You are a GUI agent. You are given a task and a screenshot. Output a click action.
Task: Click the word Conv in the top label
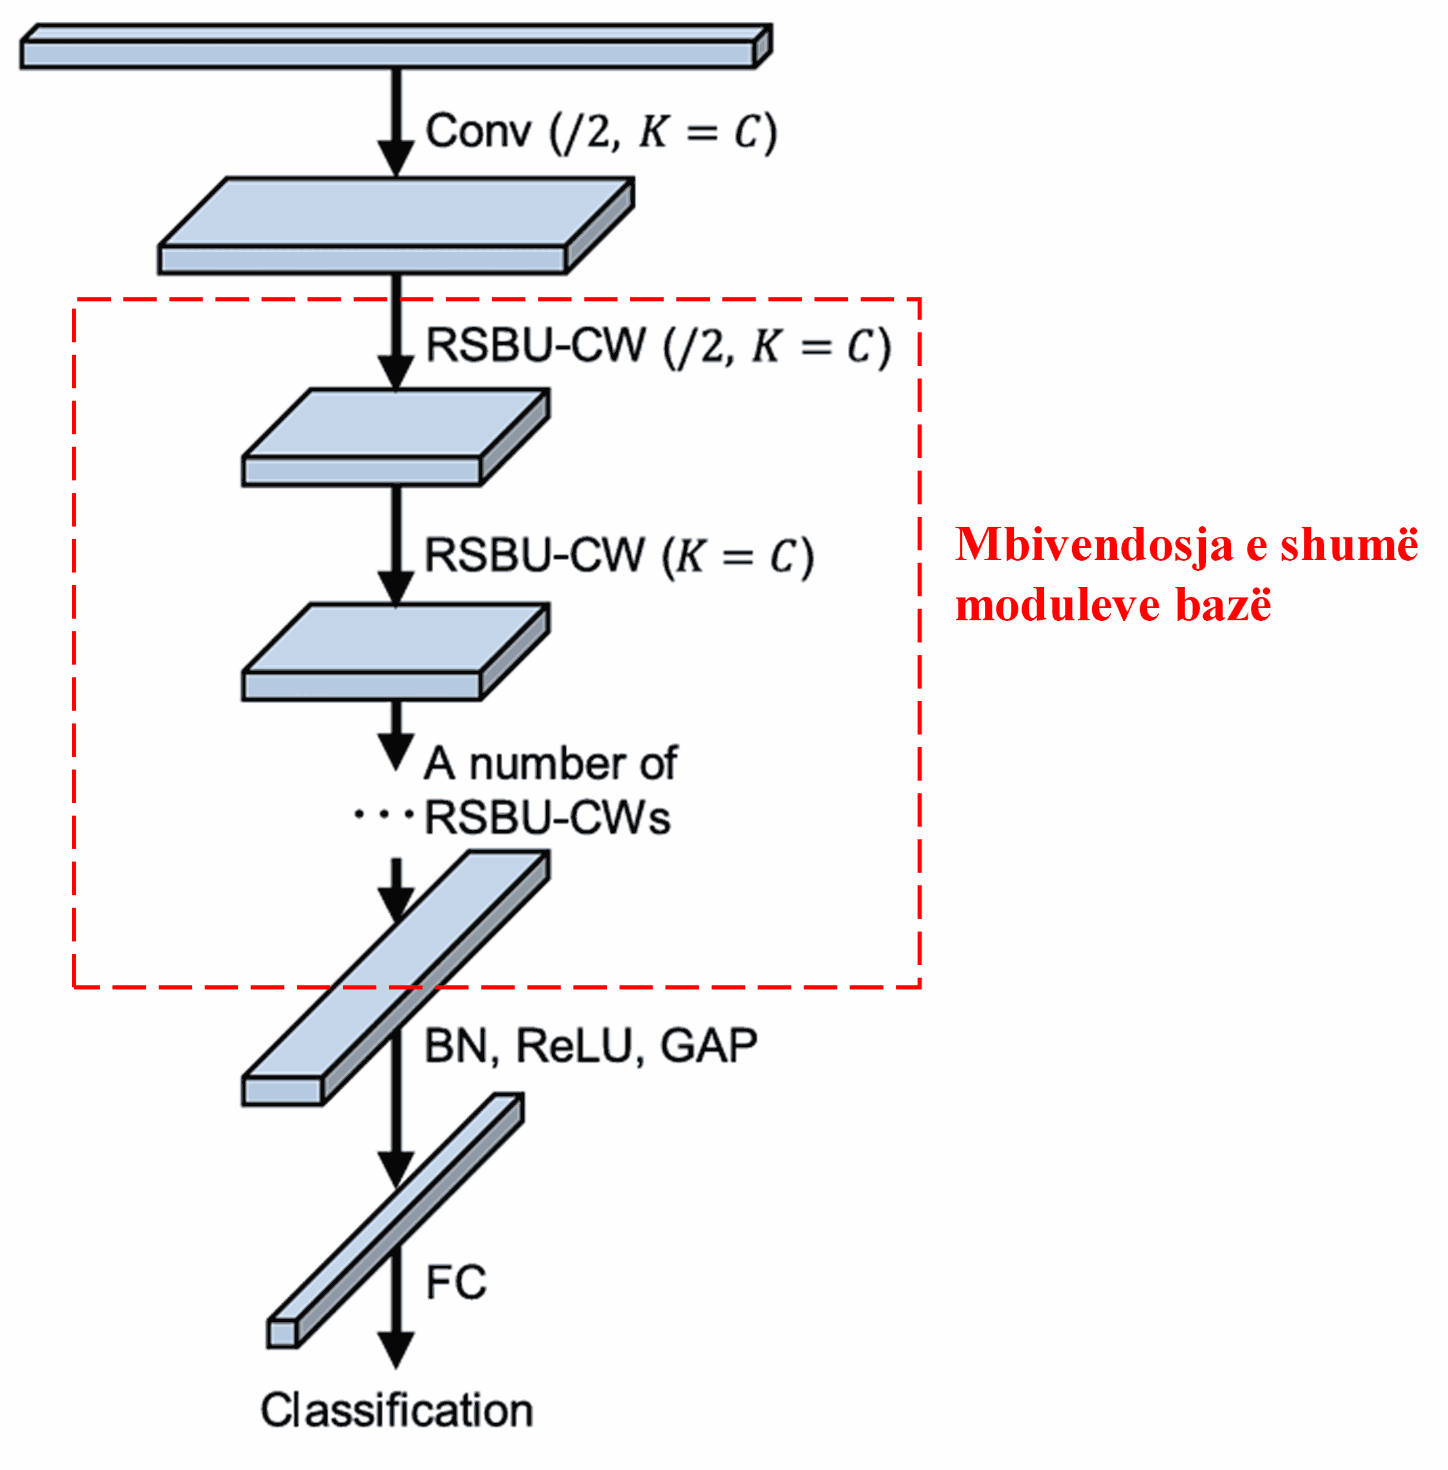click(x=477, y=131)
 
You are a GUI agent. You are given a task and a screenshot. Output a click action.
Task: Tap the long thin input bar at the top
click(x=388, y=53)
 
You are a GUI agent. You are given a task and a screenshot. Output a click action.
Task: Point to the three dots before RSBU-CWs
click(x=383, y=815)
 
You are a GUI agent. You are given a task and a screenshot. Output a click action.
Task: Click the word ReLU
click(x=574, y=1046)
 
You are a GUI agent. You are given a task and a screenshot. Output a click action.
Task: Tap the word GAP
click(x=708, y=1046)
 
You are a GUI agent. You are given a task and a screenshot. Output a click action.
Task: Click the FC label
click(x=455, y=1282)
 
